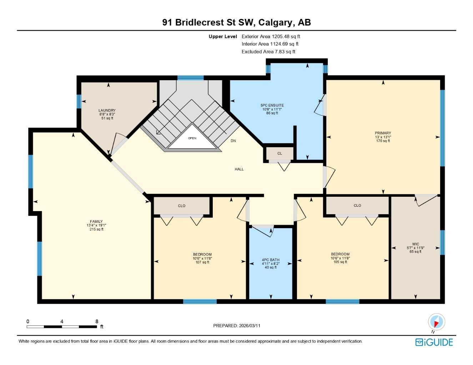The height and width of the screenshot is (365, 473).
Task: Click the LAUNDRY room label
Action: (107, 110)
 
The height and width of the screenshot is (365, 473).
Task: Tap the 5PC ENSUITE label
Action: (272, 106)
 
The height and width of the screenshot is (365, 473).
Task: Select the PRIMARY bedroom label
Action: (383, 133)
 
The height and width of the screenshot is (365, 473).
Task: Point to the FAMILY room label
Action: (96, 221)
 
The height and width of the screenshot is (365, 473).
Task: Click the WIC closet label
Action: (416, 244)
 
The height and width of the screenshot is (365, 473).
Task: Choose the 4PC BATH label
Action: (271, 260)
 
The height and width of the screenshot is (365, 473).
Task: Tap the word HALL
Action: (239, 169)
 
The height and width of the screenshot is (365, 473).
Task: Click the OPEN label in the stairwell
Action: (192, 138)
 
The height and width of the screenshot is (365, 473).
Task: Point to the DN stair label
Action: (233, 141)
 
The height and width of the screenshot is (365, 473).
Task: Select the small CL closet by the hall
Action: (280, 154)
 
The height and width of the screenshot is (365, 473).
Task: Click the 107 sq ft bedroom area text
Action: (202, 262)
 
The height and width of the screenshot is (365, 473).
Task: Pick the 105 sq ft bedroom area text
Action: (340, 262)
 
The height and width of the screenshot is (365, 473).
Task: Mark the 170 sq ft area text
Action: (383, 141)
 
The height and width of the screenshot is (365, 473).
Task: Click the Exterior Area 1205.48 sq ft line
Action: (271, 36)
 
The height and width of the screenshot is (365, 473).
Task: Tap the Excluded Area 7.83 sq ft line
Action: (268, 52)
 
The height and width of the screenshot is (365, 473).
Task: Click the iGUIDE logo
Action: (434, 342)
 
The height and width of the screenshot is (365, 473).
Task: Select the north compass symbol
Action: (436, 322)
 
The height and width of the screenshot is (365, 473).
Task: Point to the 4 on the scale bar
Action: (62, 322)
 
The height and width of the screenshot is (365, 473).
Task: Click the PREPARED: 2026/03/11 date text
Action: (237, 325)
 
